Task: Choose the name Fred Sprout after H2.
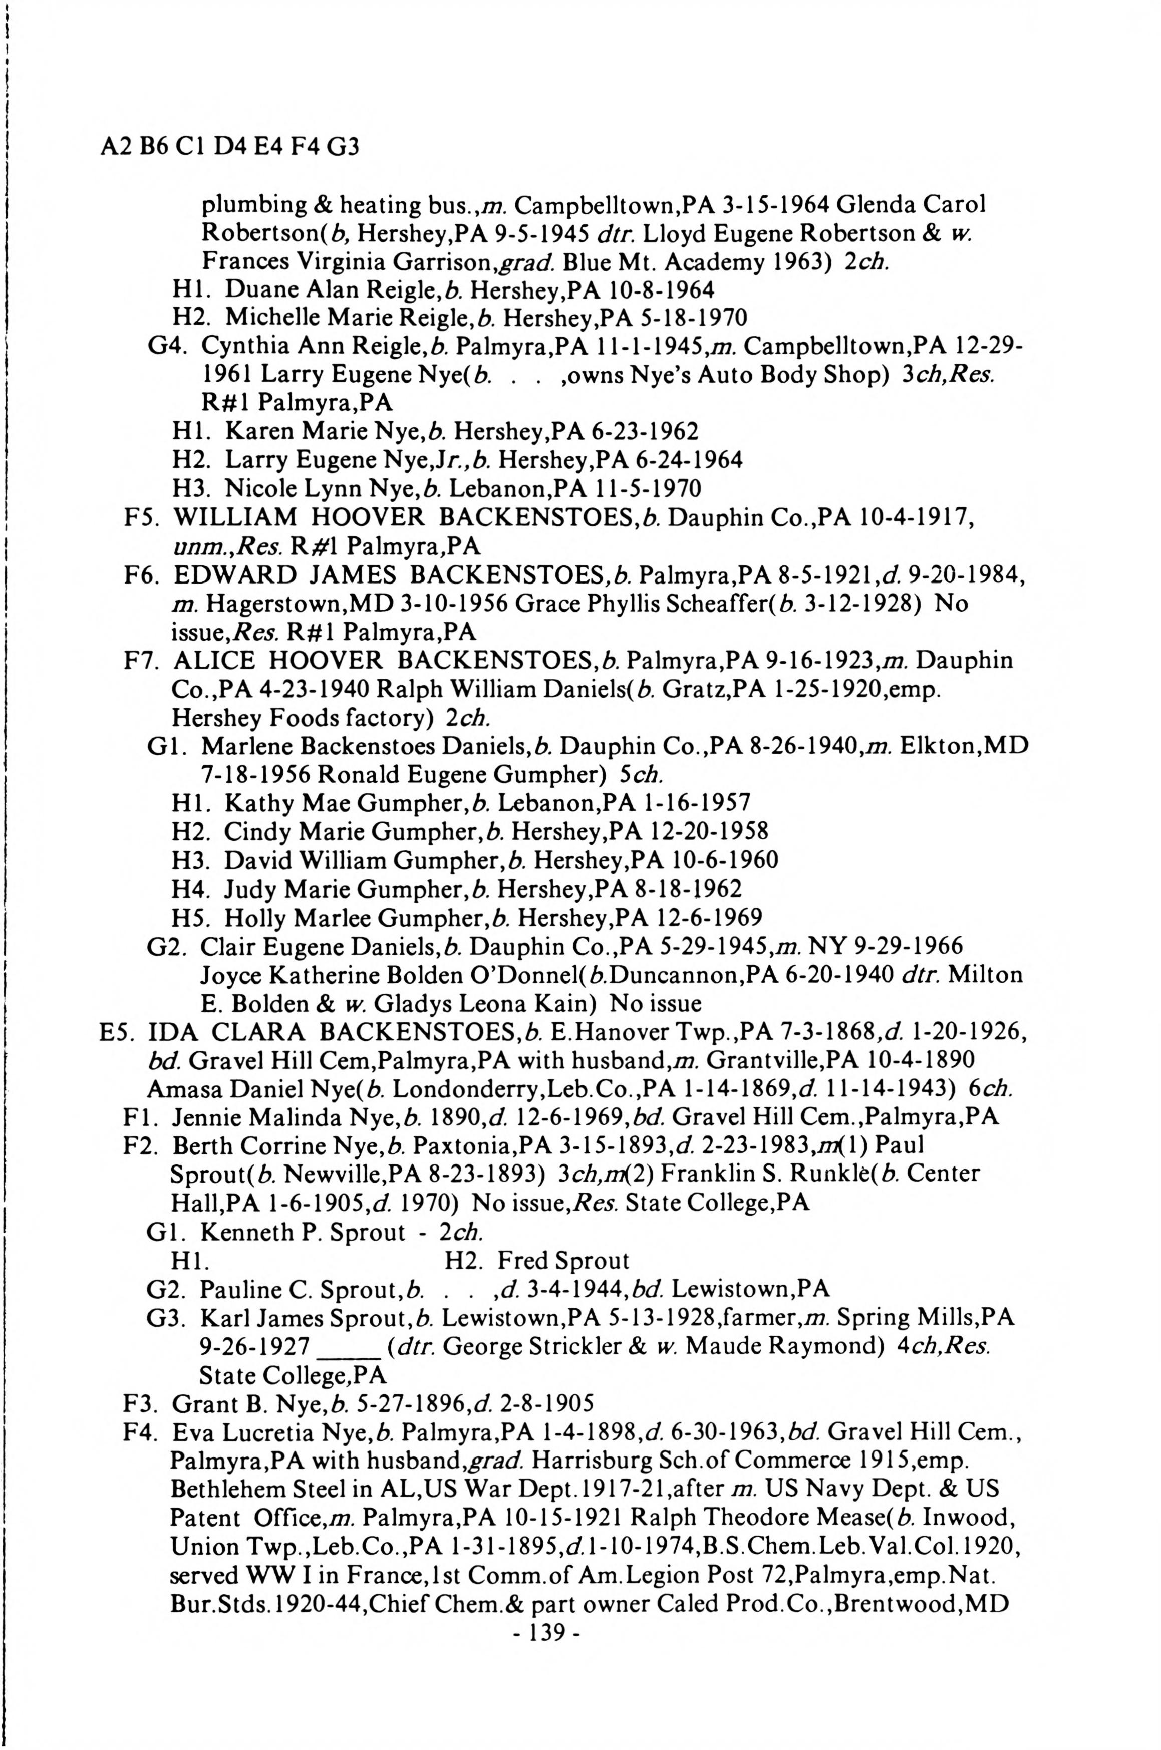[563, 1260]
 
